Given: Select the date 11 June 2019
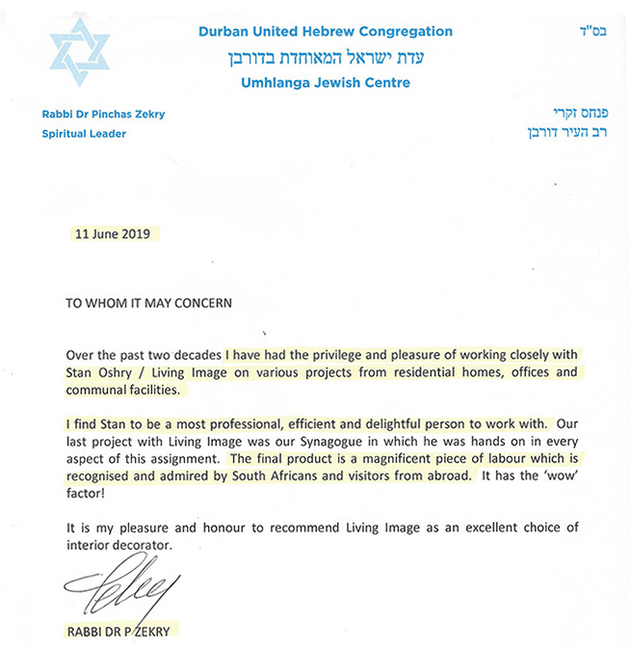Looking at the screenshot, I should point(112,233).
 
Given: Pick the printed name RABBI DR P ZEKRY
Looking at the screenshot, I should point(121,632).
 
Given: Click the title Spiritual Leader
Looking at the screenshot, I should point(84,134).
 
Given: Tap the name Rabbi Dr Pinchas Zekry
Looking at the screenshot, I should point(104,115).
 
